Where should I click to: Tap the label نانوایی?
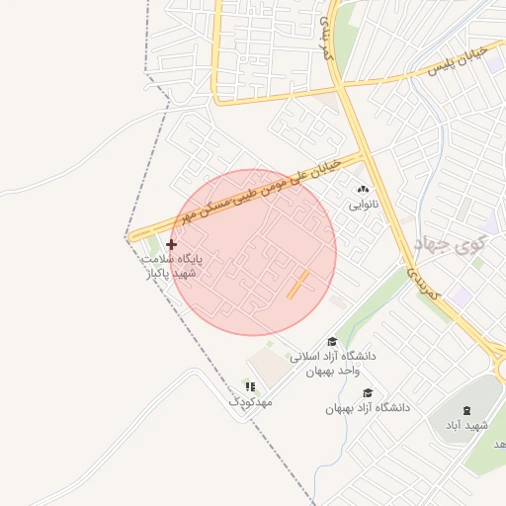click(x=362, y=207)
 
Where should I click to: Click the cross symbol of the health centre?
click(x=171, y=243)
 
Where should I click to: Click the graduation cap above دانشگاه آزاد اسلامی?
click(x=331, y=342)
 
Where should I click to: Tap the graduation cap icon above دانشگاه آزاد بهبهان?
click(x=368, y=393)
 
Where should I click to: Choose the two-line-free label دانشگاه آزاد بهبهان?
click(x=368, y=407)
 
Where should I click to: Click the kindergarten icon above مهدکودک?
click(x=250, y=386)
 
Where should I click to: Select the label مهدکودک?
click(x=250, y=402)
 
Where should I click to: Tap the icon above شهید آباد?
click(x=465, y=409)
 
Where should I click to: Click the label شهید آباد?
click(x=465, y=424)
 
